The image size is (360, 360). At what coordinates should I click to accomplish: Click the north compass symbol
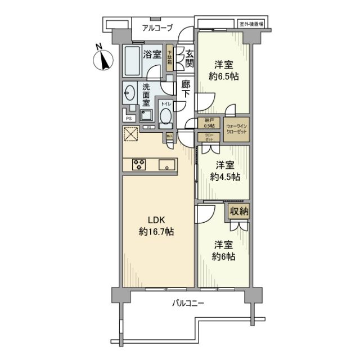[102, 58]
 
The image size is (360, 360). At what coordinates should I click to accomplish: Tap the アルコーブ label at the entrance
[157, 28]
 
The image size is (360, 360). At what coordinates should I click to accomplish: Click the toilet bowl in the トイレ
[166, 116]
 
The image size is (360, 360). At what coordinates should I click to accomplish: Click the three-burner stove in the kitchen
[139, 164]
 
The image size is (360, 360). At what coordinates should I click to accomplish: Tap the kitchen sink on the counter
[167, 164]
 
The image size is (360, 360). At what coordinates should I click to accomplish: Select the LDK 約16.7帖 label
[156, 225]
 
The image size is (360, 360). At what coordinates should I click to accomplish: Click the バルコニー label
[188, 304]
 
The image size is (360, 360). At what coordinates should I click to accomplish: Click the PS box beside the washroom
[129, 118]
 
